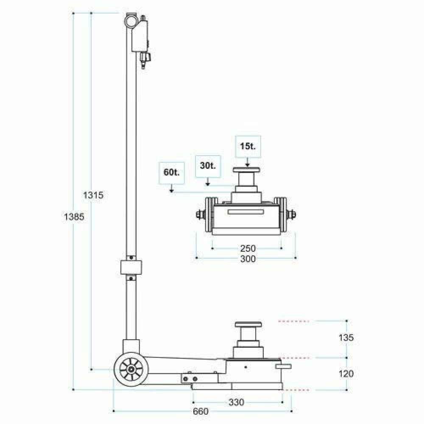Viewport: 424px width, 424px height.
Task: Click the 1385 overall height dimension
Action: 74,217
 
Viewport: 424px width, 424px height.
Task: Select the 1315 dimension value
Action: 93,195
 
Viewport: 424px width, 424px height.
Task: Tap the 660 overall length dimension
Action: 201,411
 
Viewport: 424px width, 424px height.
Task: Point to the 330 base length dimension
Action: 236,402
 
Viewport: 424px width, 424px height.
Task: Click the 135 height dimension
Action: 346,338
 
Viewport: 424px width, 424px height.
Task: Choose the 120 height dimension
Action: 346,374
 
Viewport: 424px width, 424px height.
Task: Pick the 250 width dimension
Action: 248,248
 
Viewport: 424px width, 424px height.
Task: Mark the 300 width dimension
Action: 248,259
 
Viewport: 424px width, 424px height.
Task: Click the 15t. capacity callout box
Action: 248,147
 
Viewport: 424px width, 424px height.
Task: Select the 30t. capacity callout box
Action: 208,166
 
